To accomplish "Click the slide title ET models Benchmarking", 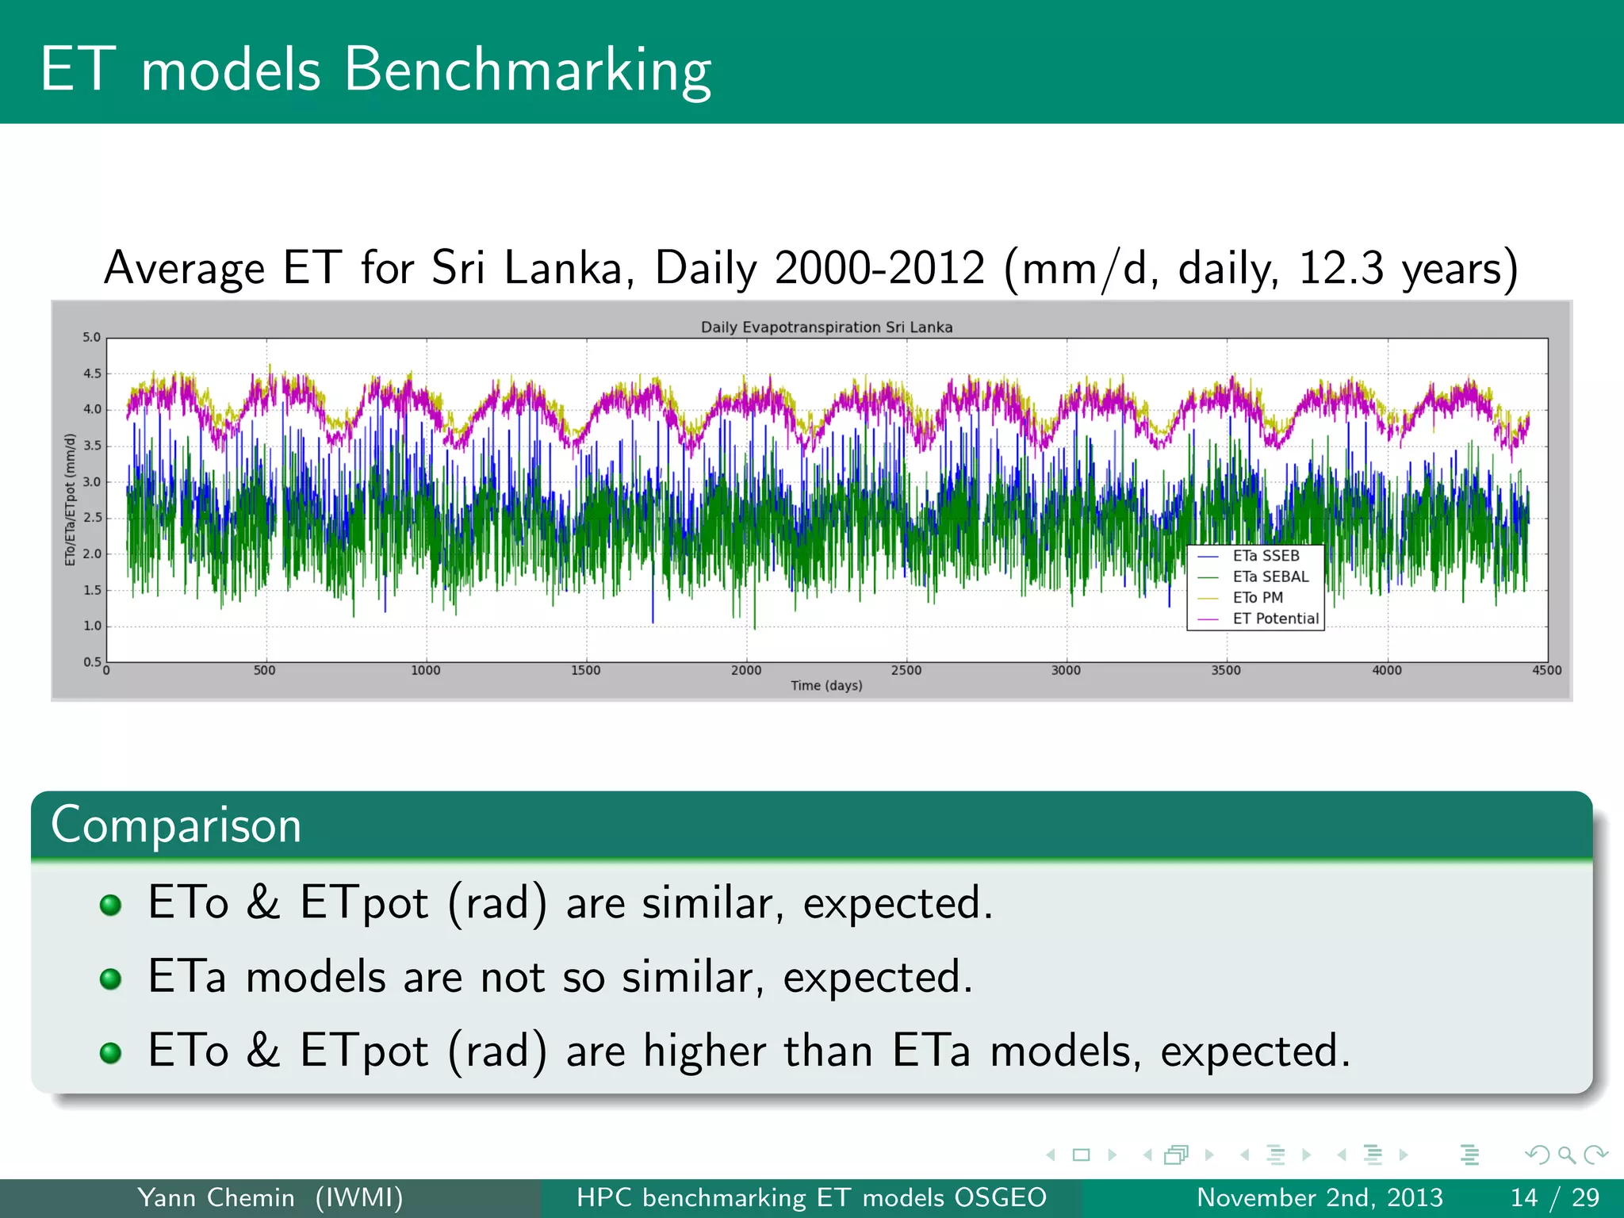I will (375, 70).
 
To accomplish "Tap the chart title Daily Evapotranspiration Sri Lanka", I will (826, 327).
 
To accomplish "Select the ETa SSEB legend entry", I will (1266, 556).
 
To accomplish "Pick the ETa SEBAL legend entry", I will (1270, 576).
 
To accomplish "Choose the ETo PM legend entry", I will (1258, 598).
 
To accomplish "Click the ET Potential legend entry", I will (1275, 619).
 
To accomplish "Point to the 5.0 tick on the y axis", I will (92, 337).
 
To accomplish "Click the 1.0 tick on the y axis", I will (92, 626).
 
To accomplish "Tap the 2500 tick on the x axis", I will (906, 670).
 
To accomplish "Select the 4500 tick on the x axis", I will (1546, 670).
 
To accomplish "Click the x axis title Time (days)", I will (826, 685).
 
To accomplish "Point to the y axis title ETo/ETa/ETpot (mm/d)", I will (71, 500).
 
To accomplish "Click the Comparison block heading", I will (176, 825).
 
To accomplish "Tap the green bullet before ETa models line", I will (110, 979).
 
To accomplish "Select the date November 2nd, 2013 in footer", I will (1319, 1197).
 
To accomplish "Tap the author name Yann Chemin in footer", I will (216, 1197).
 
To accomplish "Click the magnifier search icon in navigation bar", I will (1566, 1155).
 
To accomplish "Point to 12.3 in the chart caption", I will (1340, 268).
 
